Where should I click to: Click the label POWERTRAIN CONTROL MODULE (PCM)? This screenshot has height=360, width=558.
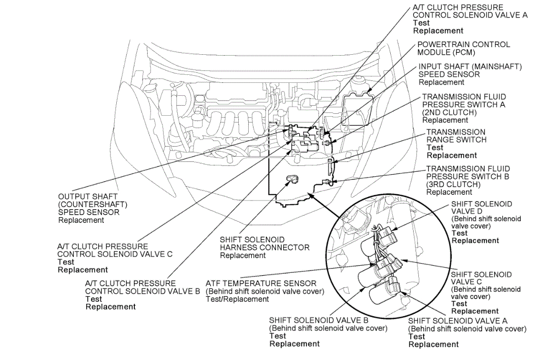463,48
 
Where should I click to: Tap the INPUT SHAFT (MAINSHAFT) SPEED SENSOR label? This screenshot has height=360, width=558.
470,70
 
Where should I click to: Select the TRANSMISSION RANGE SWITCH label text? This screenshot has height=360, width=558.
456,136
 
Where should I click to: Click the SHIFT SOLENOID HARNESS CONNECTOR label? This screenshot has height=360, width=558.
264,243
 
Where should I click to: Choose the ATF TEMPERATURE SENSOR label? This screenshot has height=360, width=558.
261,283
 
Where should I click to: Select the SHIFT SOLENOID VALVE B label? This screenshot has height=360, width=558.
319,320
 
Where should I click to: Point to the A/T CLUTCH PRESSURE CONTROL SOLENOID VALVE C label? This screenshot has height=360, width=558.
115,250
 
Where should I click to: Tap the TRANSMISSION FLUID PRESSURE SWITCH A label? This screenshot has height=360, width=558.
464,101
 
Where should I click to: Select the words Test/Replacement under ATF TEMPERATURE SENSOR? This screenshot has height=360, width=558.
237,300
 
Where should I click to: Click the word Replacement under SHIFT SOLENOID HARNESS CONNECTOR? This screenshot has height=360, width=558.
243,256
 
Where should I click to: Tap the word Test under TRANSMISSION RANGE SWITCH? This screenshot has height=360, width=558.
435,148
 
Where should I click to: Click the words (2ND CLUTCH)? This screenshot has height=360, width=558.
449,112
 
